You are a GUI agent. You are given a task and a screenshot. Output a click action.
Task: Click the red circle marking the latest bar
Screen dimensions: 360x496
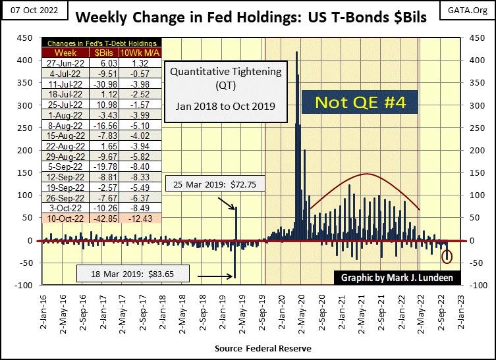click(448, 256)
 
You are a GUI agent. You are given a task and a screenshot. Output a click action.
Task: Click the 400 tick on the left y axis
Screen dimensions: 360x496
click(25, 60)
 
